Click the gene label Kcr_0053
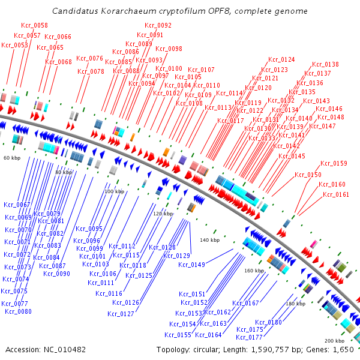(15, 45)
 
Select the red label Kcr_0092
(158, 25)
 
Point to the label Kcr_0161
(336, 194)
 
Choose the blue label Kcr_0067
(17, 205)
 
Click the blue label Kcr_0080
(18, 311)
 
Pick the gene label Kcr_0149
(191, 265)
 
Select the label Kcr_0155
(178, 335)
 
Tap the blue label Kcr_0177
(250, 337)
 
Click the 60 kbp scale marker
(11, 158)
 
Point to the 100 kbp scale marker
(114, 191)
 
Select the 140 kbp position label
(209, 240)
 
